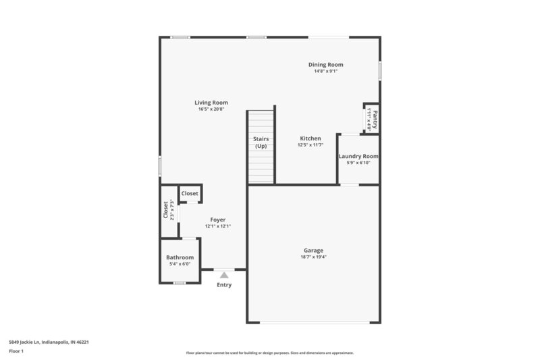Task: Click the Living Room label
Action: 211,103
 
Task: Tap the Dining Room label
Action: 326,65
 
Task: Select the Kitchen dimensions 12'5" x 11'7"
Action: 310,145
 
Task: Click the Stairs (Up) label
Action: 261,142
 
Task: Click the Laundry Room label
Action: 358,156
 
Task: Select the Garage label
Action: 313,251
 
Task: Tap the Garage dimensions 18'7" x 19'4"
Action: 313,257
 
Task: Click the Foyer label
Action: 218,220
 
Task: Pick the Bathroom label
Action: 180,257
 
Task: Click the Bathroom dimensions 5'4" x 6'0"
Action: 180,264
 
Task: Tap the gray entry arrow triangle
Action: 224,274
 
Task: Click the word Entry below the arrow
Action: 224,285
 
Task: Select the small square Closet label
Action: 190,194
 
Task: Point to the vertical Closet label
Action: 165,210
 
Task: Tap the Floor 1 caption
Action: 17,352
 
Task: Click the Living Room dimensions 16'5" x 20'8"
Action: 211,109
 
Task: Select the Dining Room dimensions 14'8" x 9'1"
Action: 326,72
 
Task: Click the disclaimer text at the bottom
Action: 270,353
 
